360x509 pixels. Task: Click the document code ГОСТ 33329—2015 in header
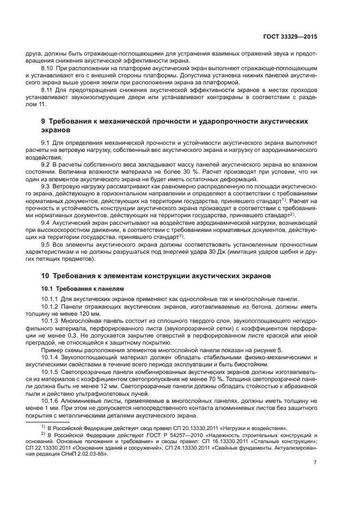pyautogui.click(x=290, y=38)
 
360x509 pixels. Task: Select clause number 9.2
pyautogui.click(x=46, y=164)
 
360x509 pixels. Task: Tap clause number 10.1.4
pyautogui.click(x=51, y=357)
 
